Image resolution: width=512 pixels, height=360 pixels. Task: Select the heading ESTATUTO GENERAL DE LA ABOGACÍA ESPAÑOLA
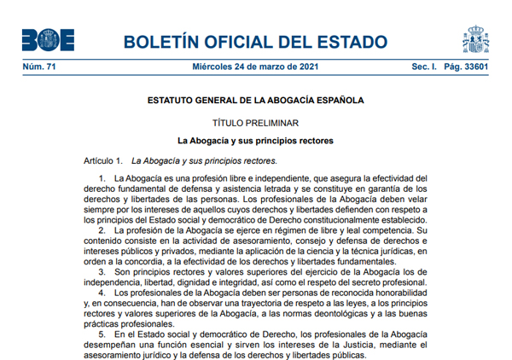coord(255,100)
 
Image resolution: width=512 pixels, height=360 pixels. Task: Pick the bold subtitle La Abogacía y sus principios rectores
coord(255,140)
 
